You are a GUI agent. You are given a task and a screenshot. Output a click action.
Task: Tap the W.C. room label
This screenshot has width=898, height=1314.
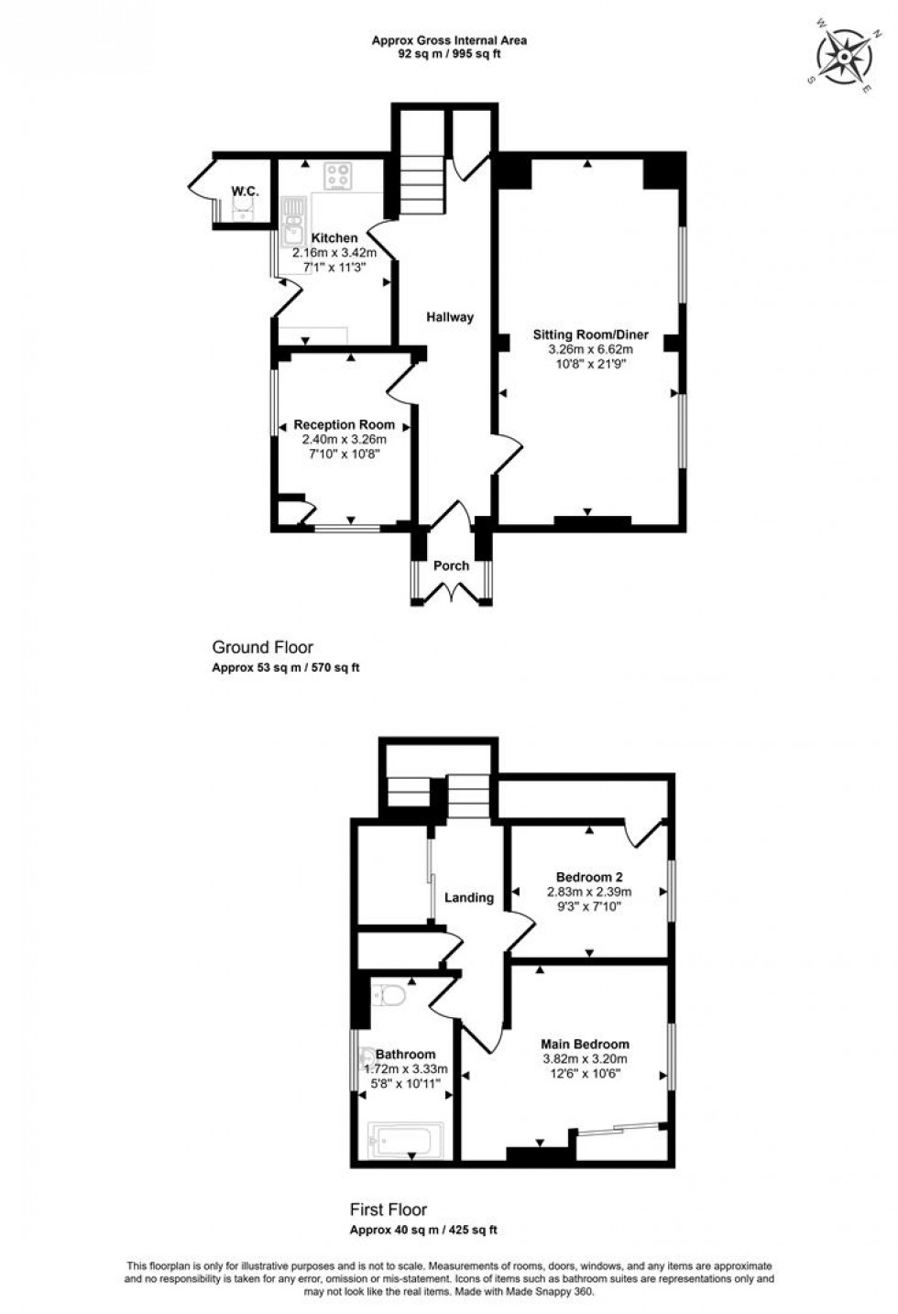pyautogui.click(x=245, y=191)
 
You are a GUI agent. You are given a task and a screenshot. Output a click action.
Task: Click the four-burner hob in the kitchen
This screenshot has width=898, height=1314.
pyautogui.click(x=339, y=176)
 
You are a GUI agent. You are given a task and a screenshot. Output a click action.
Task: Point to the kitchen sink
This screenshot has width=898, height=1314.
pyautogui.click(x=294, y=224)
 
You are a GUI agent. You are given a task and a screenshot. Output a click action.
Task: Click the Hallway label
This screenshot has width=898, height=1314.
pyautogui.click(x=450, y=317)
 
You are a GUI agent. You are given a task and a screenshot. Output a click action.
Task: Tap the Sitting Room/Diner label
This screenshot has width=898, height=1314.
pyautogui.click(x=590, y=335)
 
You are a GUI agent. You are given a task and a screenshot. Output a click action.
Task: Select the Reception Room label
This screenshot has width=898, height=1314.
pyautogui.click(x=344, y=425)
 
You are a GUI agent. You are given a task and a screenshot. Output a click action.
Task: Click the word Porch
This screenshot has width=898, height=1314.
pyautogui.click(x=451, y=565)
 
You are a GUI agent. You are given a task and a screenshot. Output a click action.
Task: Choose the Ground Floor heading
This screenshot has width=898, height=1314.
pyautogui.click(x=262, y=647)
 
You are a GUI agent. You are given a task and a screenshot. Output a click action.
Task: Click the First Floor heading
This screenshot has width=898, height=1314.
pyautogui.click(x=389, y=1210)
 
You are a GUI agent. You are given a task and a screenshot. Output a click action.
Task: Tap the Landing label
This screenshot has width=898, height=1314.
pyautogui.click(x=469, y=898)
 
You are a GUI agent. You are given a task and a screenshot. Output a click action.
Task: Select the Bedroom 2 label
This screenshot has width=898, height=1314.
pyautogui.click(x=589, y=876)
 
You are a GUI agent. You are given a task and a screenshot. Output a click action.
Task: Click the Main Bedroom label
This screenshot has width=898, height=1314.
pyautogui.click(x=585, y=1044)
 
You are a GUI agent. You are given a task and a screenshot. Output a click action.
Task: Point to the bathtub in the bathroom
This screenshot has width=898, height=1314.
pyautogui.click(x=405, y=1141)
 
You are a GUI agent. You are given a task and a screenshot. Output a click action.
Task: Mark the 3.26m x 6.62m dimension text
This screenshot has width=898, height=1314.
pyautogui.click(x=590, y=349)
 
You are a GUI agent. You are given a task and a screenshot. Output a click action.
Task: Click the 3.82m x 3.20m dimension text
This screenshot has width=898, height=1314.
pyautogui.click(x=585, y=1058)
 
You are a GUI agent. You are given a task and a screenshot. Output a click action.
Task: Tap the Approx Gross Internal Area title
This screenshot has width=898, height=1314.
pyautogui.click(x=449, y=40)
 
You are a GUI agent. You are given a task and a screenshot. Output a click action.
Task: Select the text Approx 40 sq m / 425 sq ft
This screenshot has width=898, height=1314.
pyautogui.click(x=423, y=1231)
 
